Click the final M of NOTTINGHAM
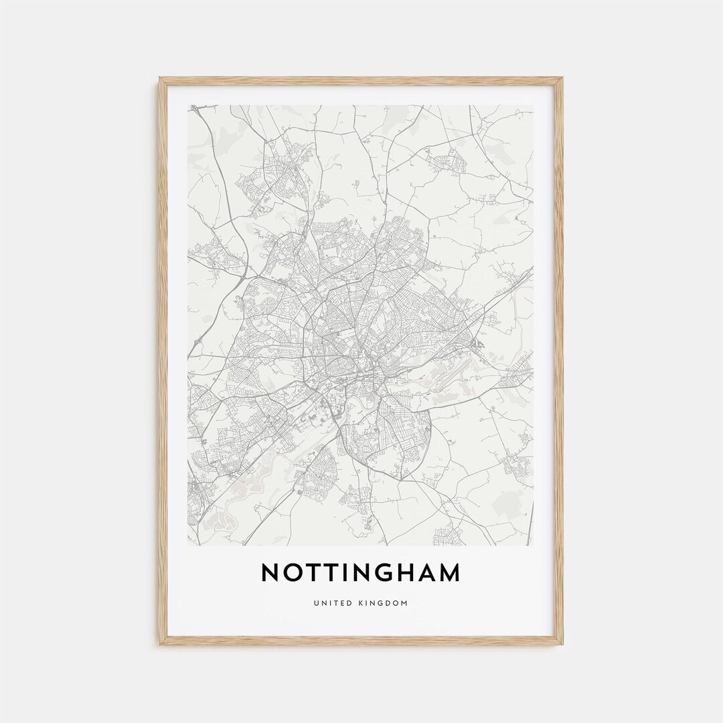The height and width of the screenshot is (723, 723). [x=451, y=573]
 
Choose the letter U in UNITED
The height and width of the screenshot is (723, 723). [x=315, y=603]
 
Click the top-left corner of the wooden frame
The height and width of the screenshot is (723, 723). [x=160, y=78]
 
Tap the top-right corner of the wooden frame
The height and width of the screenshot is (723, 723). [x=562, y=78]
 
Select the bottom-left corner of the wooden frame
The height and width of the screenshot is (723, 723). [x=160, y=644]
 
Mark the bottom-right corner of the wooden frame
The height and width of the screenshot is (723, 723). [x=562, y=644]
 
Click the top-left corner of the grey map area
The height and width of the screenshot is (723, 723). [x=188, y=105]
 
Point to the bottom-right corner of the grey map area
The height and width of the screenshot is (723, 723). [x=534, y=545]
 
